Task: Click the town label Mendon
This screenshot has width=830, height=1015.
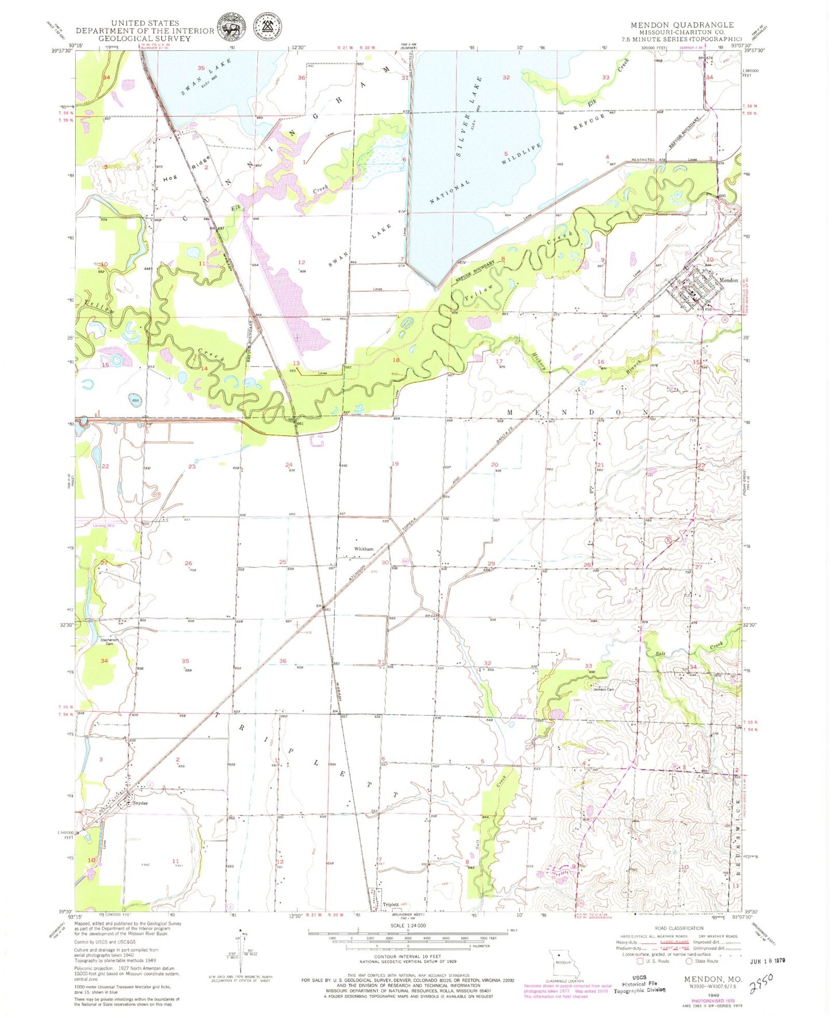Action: tap(728, 280)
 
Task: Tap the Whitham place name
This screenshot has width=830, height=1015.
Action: tap(364, 549)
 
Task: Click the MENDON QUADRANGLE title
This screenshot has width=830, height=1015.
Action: tap(682, 25)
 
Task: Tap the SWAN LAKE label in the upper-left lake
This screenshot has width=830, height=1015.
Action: tap(200, 78)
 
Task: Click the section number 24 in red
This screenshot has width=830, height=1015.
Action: tap(289, 465)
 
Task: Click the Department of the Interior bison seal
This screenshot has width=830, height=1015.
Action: tap(231, 27)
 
